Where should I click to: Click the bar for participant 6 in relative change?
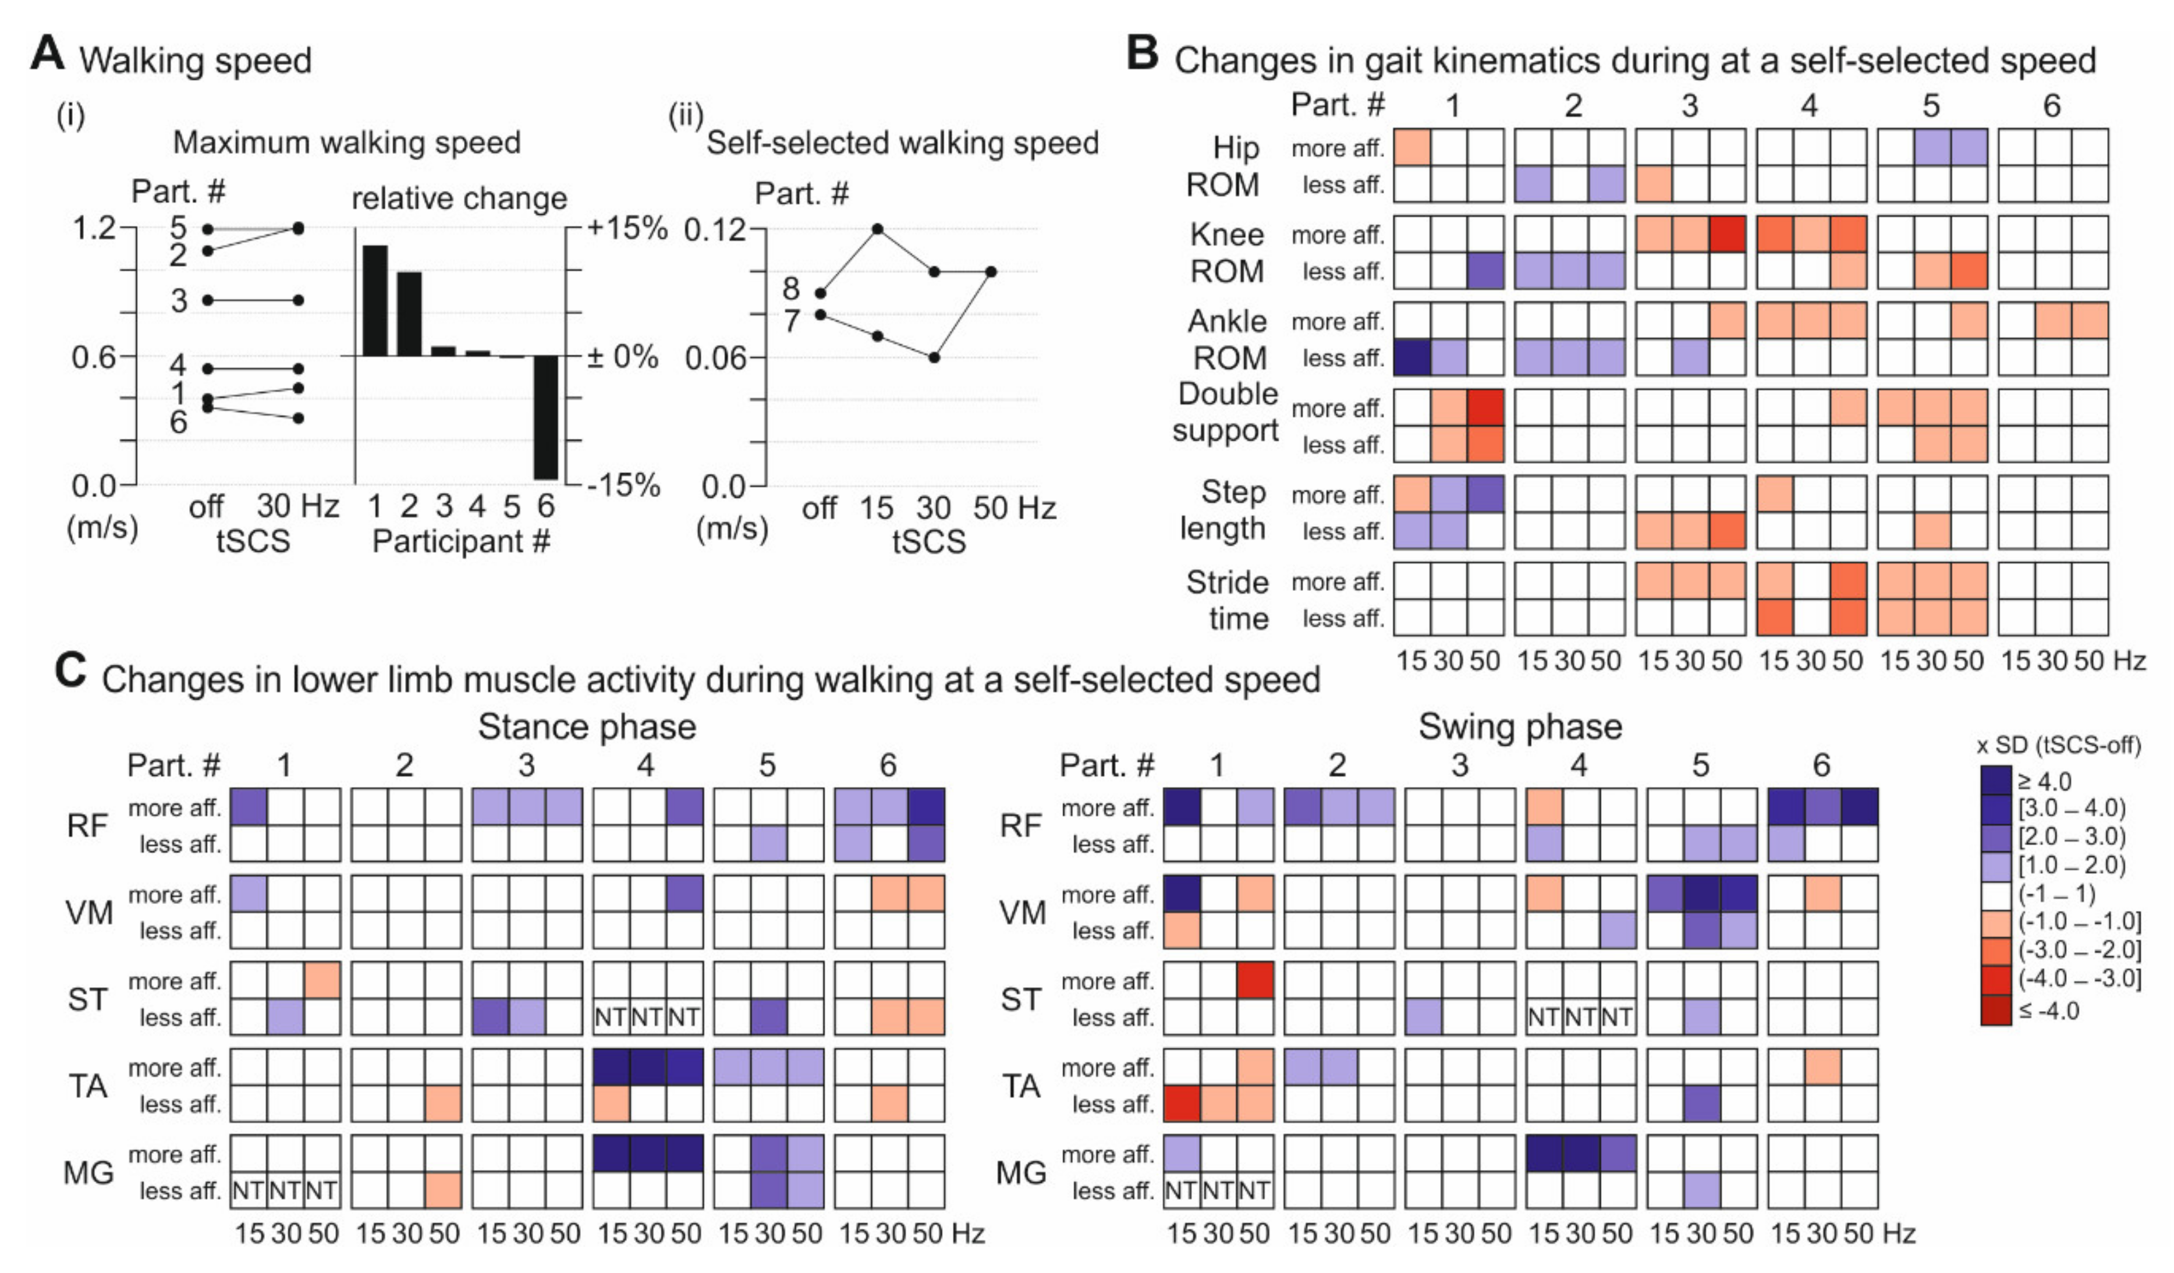point(545,417)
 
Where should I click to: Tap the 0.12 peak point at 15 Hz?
point(877,229)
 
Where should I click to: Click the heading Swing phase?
point(1520,727)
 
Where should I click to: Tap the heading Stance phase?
point(587,727)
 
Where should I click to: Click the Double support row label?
point(1227,412)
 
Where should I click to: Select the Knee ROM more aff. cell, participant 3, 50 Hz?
point(1727,235)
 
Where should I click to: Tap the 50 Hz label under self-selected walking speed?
point(1014,508)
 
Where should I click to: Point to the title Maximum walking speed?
point(347,142)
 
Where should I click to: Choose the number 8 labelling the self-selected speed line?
point(791,289)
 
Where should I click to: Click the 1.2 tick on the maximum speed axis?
point(93,229)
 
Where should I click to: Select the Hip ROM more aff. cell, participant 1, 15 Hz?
point(1412,147)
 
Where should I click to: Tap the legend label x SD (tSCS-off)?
point(2058,745)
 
